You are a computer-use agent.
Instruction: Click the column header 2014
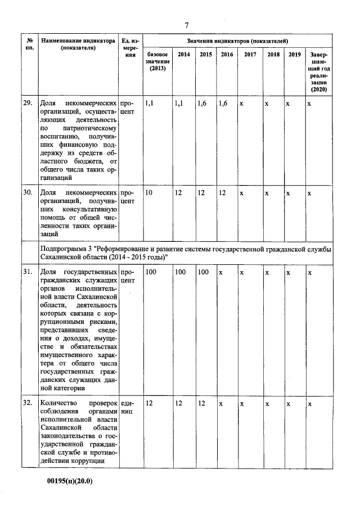pos(183,55)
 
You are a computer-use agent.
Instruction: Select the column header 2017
pos(249,55)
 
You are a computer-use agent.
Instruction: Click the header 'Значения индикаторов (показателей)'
pos(237,41)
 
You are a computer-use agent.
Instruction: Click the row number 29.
pos(28,103)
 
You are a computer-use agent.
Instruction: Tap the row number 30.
pos(28,193)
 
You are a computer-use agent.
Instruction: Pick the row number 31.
pos(28,272)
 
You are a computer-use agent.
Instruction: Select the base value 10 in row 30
pos(150,193)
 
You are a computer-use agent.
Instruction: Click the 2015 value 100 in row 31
pos(203,272)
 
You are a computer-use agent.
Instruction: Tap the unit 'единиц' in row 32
pos(128,408)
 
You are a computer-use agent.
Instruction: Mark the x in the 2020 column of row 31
pos(309,272)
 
